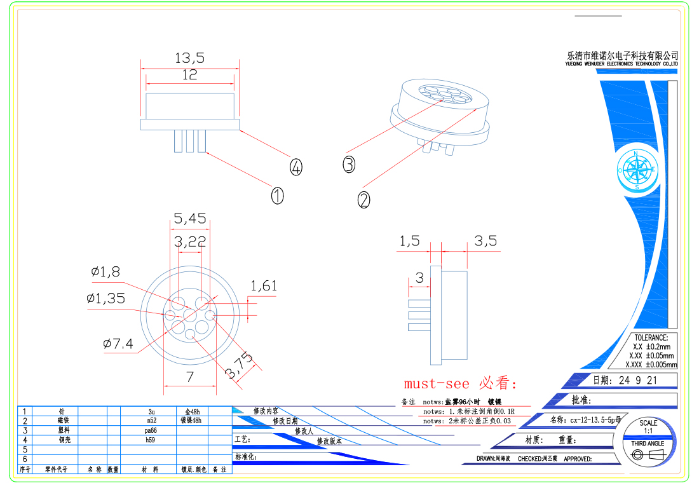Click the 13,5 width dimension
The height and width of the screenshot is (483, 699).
coord(189,58)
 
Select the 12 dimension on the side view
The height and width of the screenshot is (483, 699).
coord(189,74)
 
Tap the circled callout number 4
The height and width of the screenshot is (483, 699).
coord(295,168)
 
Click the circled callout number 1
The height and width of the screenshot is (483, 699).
coord(277,196)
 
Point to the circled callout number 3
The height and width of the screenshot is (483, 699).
coord(348,164)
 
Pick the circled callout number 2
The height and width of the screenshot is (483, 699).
coord(363,200)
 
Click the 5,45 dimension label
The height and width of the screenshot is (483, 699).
coord(189,219)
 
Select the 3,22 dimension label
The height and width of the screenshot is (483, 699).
coord(190,241)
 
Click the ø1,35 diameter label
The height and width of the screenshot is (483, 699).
coord(105,298)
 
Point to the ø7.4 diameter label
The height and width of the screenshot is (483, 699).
coord(118,344)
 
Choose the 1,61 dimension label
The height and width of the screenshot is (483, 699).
coord(264,286)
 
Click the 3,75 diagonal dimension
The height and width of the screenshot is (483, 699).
coord(239,367)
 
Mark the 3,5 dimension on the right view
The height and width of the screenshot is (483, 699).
coord(485,241)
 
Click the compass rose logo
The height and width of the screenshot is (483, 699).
coord(637,170)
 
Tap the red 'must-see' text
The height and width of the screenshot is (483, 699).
coord(437,384)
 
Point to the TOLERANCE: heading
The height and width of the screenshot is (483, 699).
coord(651,337)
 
